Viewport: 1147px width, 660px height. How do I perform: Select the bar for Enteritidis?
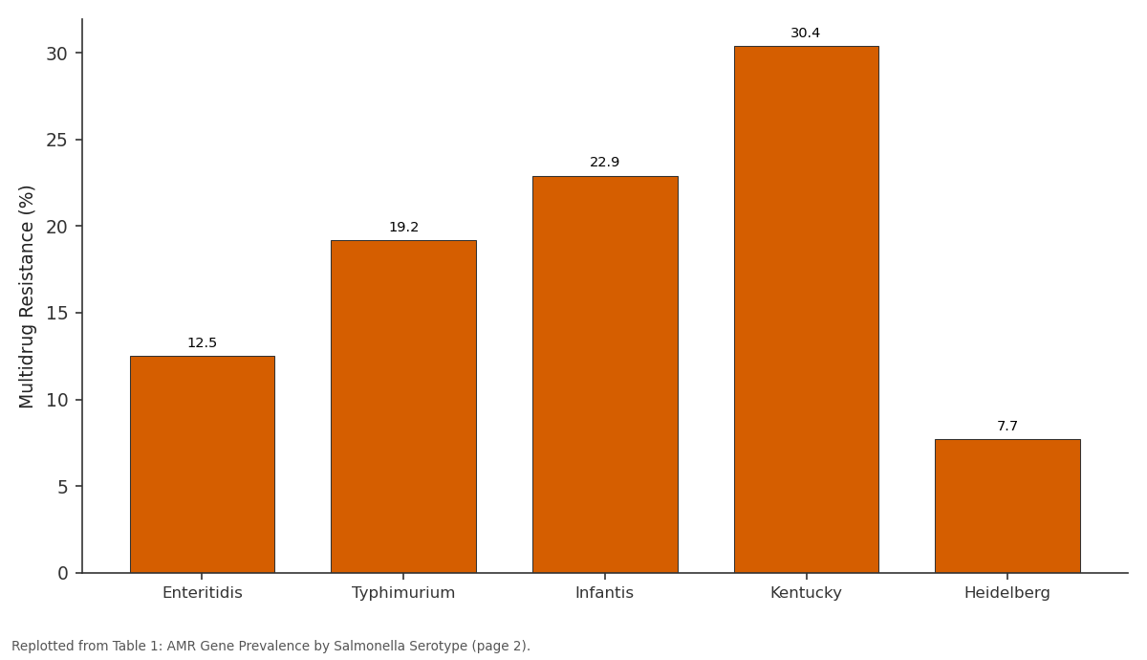click(x=203, y=464)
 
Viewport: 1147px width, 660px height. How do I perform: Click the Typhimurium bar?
click(x=403, y=407)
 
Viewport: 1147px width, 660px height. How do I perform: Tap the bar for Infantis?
click(x=605, y=375)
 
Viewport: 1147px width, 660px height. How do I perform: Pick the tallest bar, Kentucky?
click(x=807, y=310)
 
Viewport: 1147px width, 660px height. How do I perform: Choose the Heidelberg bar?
click(x=1007, y=506)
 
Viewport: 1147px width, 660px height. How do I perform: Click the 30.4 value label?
click(x=806, y=33)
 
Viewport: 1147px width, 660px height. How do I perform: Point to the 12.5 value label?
click(x=203, y=342)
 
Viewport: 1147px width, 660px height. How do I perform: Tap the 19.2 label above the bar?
click(x=404, y=227)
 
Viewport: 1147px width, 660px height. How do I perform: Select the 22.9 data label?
click(x=605, y=162)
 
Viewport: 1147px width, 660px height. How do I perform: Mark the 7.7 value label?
click(x=1007, y=426)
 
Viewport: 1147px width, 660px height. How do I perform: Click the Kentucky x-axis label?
click(x=806, y=593)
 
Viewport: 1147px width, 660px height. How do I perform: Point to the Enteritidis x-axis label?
click(x=203, y=593)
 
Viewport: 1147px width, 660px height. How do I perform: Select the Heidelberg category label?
click(x=1007, y=593)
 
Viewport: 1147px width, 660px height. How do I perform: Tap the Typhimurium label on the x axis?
click(x=403, y=593)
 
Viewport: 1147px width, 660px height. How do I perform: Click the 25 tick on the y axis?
click(x=56, y=140)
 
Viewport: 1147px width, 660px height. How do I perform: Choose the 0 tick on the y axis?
click(x=63, y=573)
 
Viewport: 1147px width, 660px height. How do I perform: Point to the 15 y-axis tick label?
click(x=56, y=313)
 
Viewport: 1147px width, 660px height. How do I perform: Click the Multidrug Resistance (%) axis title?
click(x=26, y=297)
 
